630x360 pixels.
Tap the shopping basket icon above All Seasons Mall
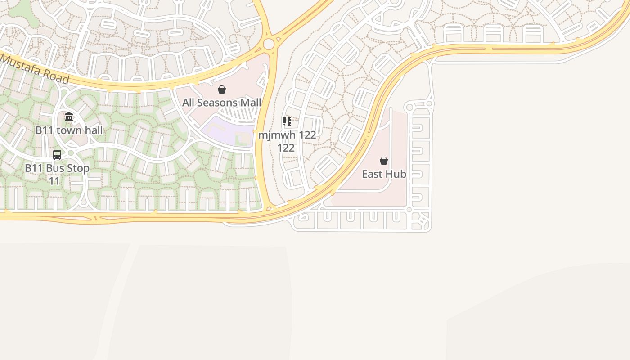[x=222, y=90]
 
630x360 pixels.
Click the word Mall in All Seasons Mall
[x=250, y=103]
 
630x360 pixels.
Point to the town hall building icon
[x=69, y=117]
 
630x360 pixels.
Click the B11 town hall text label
[x=69, y=130]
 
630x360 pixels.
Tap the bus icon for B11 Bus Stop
[x=57, y=155]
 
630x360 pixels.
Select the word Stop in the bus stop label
[x=79, y=168]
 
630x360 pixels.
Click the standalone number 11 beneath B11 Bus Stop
[x=54, y=181]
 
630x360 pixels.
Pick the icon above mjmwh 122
[x=287, y=121]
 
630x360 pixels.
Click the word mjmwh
[x=277, y=135]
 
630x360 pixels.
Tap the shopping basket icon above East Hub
[x=384, y=161]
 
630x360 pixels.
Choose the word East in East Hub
[x=372, y=174]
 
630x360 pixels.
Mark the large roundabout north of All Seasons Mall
[x=269, y=44]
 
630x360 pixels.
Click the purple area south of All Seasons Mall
[x=227, y=130]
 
